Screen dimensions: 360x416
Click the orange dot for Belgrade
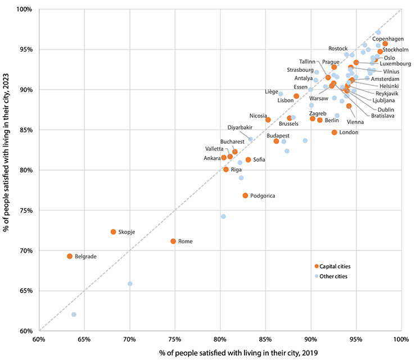pos(70,256)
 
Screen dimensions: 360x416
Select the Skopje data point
pos(113,232)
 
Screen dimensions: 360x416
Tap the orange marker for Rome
pos(173,241)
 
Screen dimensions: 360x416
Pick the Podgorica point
pos(245,195)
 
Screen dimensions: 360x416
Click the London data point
pos(334,133)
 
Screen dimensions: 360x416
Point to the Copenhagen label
pos(388,39)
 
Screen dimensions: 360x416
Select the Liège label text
pos(271,91)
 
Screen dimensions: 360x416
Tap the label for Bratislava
pos(382,116)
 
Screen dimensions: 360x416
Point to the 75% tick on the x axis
pos(175,340)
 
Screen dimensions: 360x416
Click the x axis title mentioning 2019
pos(219,352)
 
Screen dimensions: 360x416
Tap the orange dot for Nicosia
pos(268,120)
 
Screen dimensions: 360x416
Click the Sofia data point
pos(248,160)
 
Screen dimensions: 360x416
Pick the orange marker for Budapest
pos(276,141)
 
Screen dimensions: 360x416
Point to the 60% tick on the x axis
pos(39,340)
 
